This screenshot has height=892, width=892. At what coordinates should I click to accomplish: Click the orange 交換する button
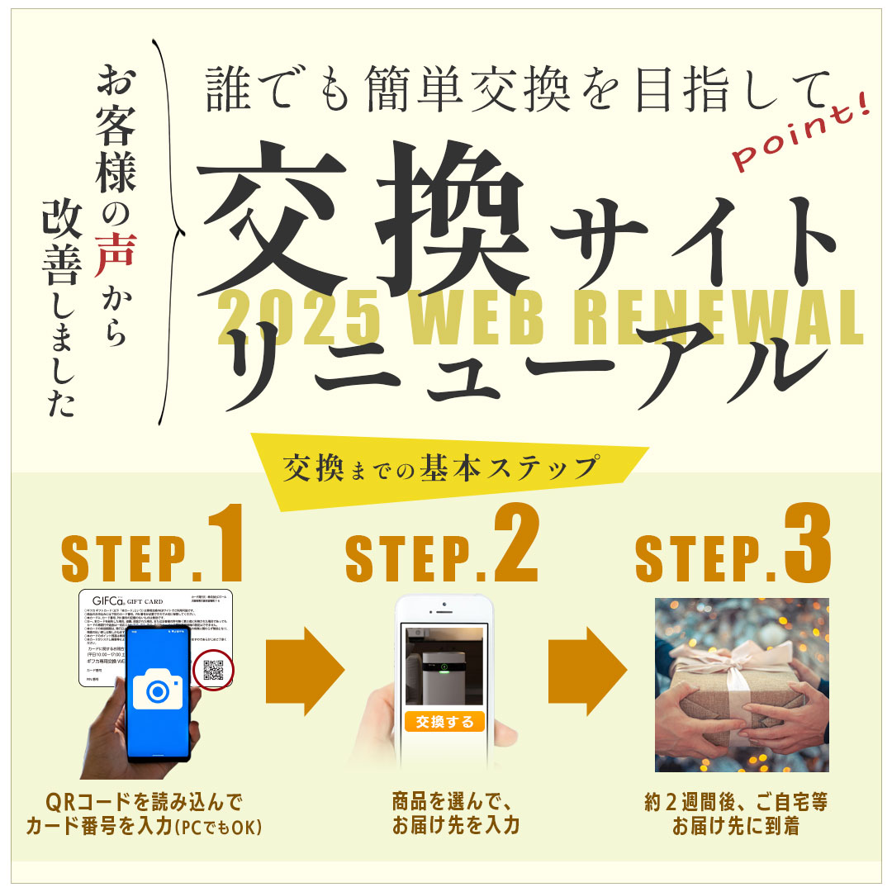444,721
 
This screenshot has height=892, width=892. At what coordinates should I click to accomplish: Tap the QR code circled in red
213,671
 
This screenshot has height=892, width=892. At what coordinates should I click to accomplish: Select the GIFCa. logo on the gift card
110,602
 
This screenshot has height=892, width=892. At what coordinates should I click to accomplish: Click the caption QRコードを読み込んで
145,801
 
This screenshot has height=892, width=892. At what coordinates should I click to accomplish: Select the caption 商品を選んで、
453,801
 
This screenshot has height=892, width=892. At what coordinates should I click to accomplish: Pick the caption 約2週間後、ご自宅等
736,801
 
